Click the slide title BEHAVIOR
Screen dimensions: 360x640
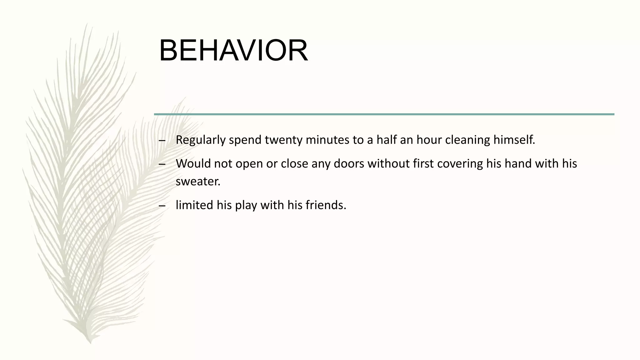coord(233,51)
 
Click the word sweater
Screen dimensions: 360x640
coord(198,182)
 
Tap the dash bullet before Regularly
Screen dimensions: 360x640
coord(162,141)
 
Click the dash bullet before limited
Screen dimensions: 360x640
coord(162,206)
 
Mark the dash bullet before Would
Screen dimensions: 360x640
coord(162,165)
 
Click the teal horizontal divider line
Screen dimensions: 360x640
coord(384,114)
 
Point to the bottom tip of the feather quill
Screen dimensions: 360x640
coord(90,342)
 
